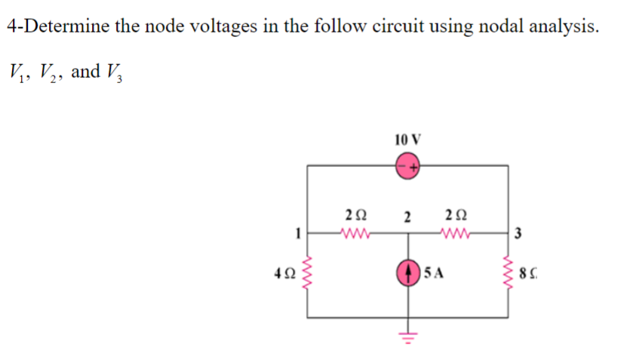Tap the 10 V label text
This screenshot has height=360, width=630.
pos(407,139)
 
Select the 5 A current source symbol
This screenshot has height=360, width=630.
pos(410,272)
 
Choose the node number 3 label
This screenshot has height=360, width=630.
pos(520,233)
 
